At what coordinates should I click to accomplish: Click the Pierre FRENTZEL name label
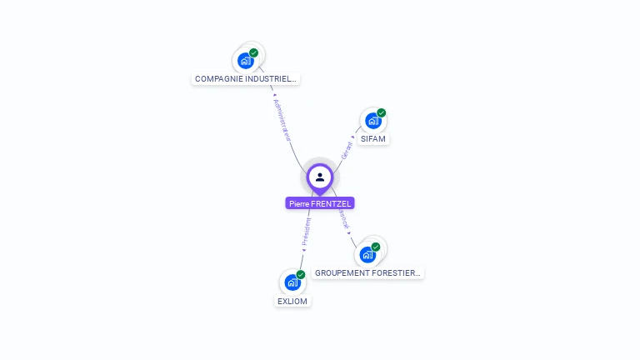320,203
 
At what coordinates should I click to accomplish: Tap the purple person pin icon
320,177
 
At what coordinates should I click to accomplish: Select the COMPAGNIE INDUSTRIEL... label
245,79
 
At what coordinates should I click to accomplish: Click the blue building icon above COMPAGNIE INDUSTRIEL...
245,61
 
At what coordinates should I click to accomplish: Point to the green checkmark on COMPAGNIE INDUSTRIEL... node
254,52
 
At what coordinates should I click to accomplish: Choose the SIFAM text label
373,138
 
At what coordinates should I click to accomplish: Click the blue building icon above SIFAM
372,121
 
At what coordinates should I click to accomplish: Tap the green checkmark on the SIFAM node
382,112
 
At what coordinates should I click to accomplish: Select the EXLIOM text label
292,301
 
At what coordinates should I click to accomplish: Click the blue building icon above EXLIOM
292,282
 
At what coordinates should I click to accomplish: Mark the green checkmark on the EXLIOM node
301,274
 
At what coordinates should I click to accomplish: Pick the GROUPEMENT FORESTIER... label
368,272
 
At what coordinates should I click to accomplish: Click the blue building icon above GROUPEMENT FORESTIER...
367,254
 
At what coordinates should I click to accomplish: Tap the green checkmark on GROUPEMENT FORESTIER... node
376,247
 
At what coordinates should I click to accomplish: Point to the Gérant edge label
347,151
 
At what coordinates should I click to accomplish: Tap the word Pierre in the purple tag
299,203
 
